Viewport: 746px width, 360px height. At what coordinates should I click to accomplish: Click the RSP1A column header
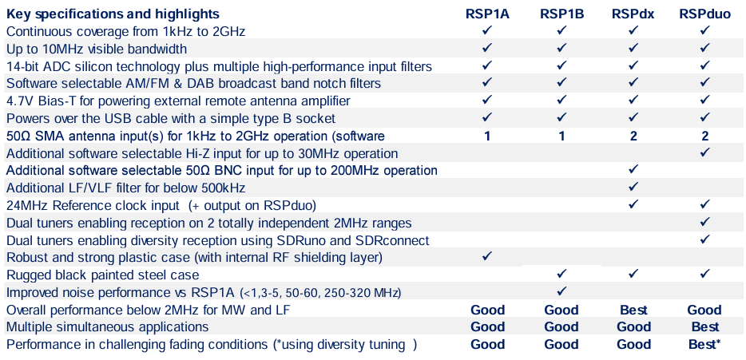[x=487, y=14]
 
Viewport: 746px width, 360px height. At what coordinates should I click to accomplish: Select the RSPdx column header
[x=633, y=14]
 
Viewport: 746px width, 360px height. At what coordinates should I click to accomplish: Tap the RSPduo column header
[x=704, y=14]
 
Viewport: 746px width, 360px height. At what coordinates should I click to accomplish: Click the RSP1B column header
[x=561, y=14]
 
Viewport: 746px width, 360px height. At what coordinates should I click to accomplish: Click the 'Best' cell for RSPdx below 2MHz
[x=633, y=310]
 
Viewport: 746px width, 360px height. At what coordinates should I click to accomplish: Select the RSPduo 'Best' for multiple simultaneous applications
[x=704, y=327]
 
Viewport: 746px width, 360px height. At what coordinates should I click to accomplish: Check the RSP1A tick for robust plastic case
[x=487, y=256]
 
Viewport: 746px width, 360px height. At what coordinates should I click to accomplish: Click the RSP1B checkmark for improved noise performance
[x=561, y=291]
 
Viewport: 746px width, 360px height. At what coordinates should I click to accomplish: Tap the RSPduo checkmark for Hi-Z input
[x=704, y=152]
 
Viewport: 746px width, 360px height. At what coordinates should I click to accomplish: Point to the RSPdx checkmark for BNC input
[x=633, y=170]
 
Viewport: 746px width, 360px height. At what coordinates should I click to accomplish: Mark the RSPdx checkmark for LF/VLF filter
[x=633, y=187]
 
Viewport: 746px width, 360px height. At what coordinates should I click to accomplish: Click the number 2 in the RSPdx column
[x=633, y=136]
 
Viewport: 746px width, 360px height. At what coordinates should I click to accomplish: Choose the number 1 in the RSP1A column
[x=487, y=136]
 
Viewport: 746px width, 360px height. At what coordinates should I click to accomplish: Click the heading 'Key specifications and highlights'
[x=113, y=14]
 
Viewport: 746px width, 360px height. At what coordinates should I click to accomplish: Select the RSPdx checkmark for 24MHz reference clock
[x=633, y=204]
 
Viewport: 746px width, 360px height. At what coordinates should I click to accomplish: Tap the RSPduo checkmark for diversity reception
[x=704, y=239]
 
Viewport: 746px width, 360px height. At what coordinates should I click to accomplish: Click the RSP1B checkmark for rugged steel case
[x=561, y=274]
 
